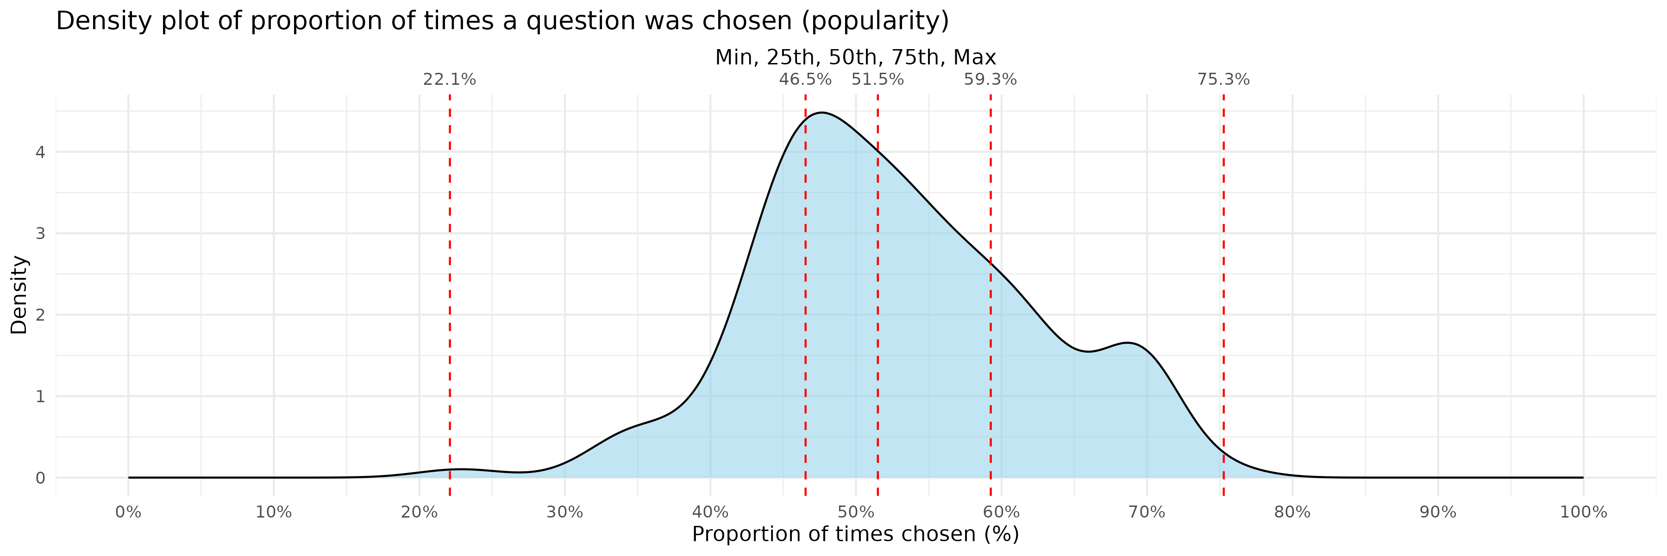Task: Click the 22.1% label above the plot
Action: pos(449,80)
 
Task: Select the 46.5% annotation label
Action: pos(805,80)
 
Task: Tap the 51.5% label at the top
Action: pos(877,80)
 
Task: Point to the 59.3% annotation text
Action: pos(990,80)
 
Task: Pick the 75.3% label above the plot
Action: pos(1223,80)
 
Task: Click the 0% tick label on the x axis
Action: pos(128,512)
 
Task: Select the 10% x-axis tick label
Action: pos(273,512)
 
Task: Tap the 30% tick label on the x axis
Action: pos(564,512)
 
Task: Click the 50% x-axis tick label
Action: pos(856,512)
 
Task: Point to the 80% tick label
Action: pos(1292,512)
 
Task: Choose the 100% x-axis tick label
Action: pos(1583,512)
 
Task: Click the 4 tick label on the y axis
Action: pos(40,152)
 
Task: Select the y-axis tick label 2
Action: pos(40,315)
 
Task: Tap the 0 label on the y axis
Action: pos(40,478)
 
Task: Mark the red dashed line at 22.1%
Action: pos(450,291)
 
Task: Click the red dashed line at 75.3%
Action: pos(1224,291)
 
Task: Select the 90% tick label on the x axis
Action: pos(1438,512)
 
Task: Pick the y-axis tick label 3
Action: pos(40,234)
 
